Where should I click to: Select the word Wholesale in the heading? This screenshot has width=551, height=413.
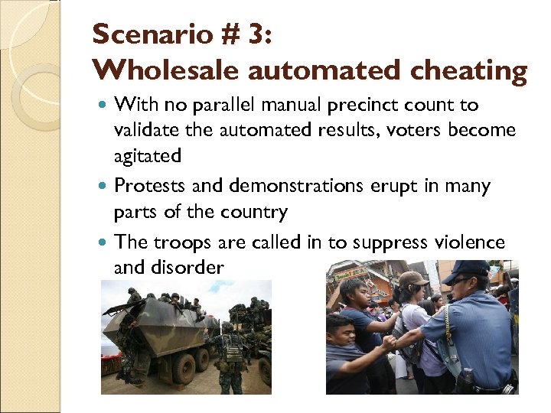point(154,70)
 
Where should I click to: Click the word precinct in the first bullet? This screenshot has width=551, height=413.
point(368,105)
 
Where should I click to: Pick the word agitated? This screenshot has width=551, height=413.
point(148,156)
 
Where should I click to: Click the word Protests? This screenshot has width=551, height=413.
point(149,186)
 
